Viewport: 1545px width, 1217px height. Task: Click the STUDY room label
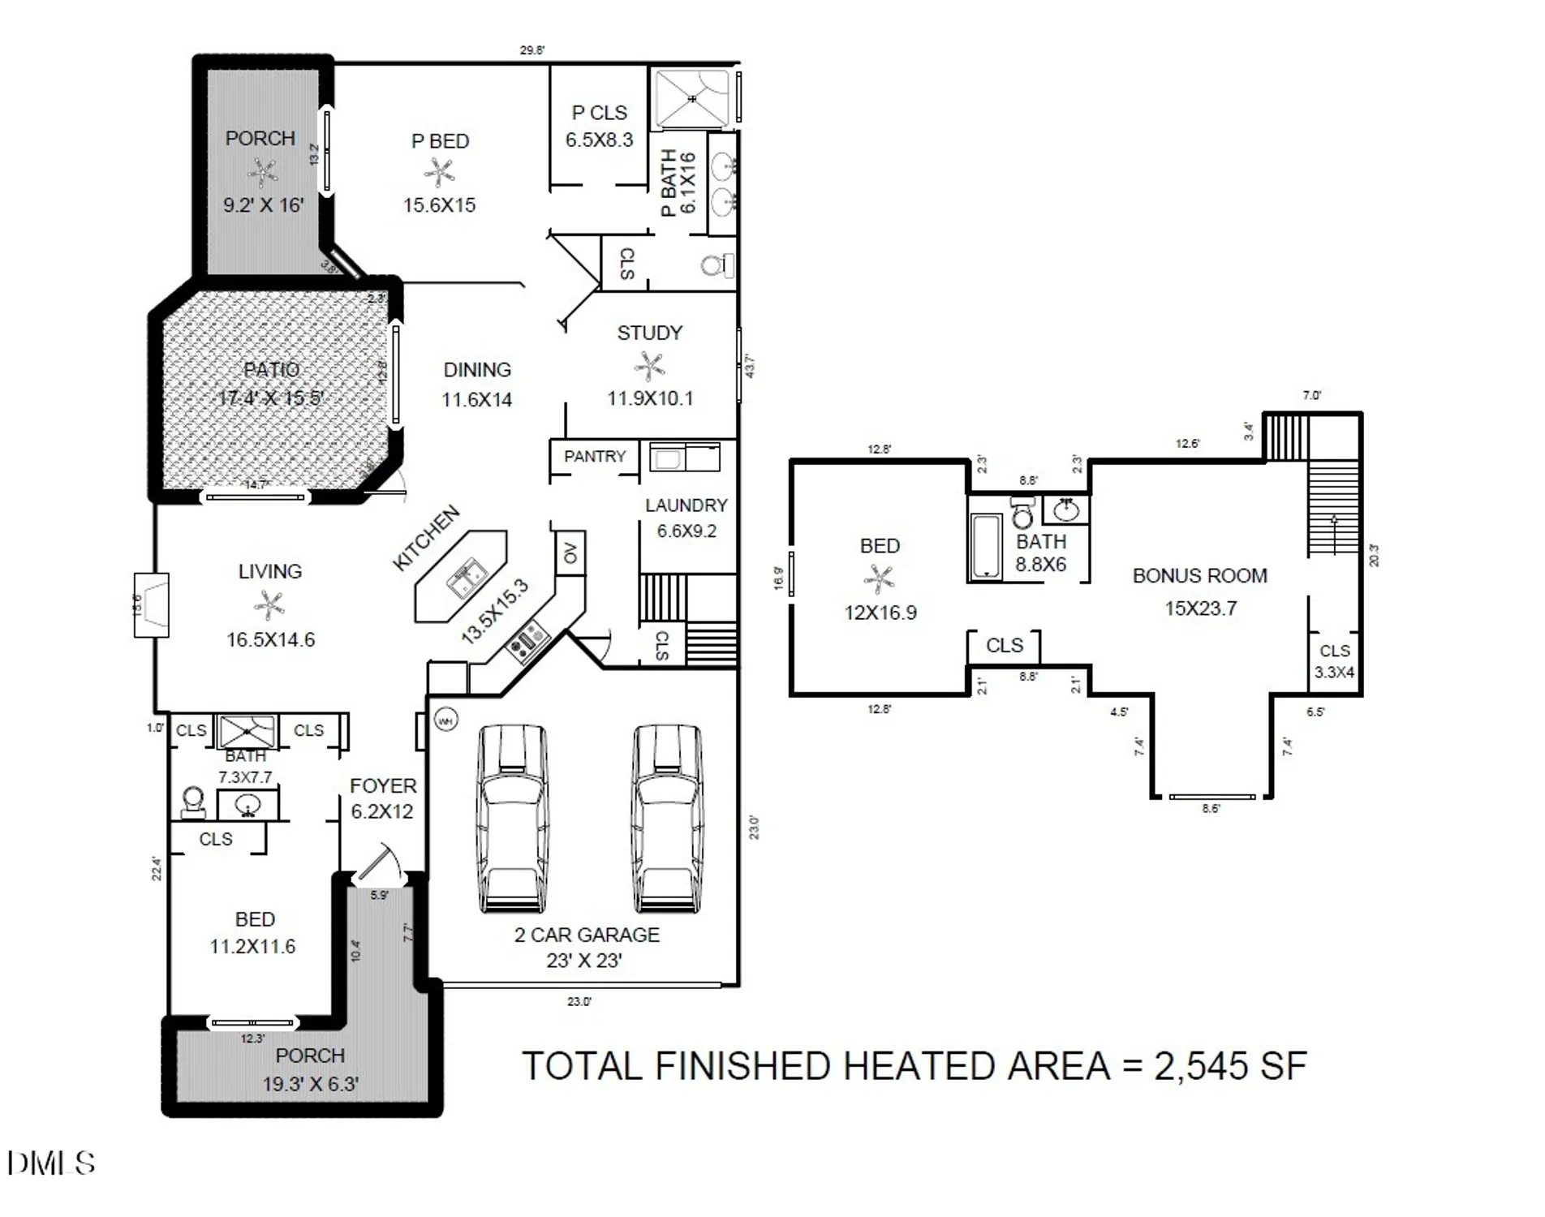click(649, 333)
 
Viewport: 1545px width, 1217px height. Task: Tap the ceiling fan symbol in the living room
click(269, 605)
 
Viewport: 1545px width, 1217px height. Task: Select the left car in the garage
click(512, 819)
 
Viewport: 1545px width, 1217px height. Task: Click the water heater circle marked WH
click(445, 720)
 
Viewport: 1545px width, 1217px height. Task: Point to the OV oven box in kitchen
click(570, 553)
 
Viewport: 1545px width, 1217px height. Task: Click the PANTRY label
click(595, 456)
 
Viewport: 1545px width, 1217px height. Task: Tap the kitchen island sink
click(466, 578)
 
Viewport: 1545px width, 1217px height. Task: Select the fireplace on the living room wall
click(152, 604)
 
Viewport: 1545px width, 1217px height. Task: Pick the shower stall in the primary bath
click(692, 99)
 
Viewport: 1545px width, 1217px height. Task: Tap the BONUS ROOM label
click(1199, 576)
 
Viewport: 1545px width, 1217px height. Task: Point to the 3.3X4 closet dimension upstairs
click(1334, 672)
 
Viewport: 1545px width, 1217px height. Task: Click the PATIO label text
click(272, 370)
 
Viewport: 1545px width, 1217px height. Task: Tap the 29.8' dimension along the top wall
click(532, 50)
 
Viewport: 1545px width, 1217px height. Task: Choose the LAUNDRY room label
click(686, 505)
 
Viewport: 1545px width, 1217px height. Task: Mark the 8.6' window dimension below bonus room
click(1211, 808)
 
